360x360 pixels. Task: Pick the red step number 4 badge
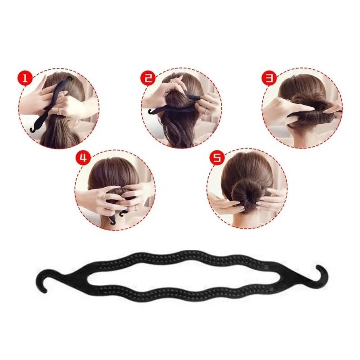pos(83,158)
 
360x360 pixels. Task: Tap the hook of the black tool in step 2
pos(152,112)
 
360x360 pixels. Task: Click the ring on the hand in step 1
pos(59,111)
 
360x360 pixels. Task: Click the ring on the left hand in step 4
pos(104,196)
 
